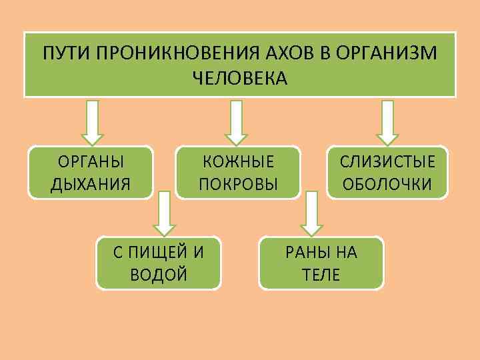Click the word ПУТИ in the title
[62, 53]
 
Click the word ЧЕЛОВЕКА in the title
[240, 79]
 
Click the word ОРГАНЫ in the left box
[91, 162]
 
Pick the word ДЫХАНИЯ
[91, 183]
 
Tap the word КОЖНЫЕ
[239, 162]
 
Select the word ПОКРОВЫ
[239, 183]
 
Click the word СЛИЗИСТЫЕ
[387, 162]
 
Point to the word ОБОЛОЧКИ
[387, 183]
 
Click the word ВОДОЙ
[159, 273]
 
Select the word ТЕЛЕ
[321, 273]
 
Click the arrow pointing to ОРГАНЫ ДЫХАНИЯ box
[93, 122]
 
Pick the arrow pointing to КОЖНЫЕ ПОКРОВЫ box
[232, 122]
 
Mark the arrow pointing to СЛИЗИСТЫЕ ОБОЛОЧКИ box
[387, 122]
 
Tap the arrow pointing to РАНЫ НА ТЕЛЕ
[311, 213]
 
